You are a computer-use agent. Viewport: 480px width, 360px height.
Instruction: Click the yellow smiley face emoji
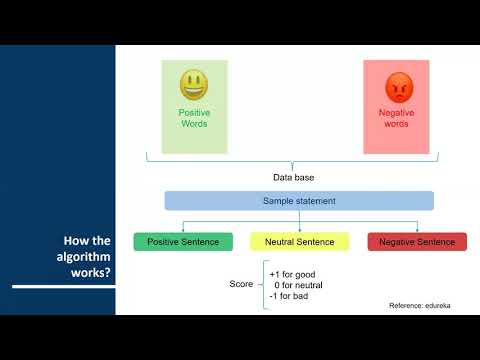click(193, 84)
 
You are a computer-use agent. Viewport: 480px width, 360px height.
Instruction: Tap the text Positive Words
click(194, 118)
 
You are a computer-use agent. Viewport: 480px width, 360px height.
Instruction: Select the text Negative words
click(397, 119)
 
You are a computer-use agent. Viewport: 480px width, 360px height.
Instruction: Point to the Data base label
click(293, 177)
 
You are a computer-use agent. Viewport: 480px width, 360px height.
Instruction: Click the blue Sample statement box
click(299, 200)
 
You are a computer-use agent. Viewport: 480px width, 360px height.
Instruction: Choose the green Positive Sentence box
click(175, 242)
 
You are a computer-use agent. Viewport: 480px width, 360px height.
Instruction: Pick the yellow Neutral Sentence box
click(299, 242)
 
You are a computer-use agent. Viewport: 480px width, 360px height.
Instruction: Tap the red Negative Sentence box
click(417, 242)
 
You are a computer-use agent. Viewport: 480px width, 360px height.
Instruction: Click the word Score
click(243, 285)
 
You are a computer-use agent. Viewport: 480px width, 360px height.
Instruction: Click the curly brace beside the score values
click(264, 285)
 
